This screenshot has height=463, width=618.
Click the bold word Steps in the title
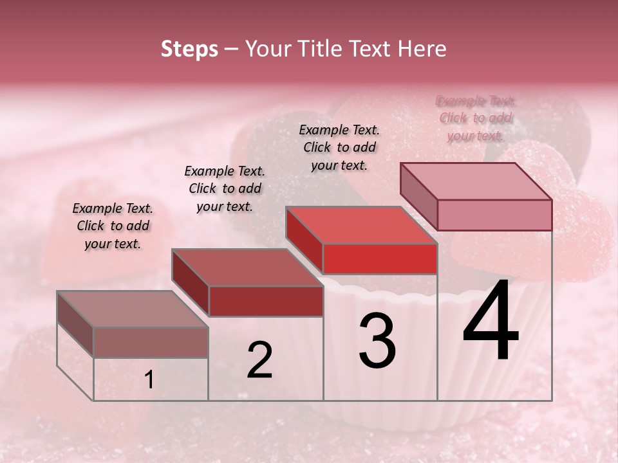click(x=189, y=49)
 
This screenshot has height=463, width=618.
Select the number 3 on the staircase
click(x=377, y=341)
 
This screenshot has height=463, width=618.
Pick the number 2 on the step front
click(x=259, y=359)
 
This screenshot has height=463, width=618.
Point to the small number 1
click(x=149, y=380)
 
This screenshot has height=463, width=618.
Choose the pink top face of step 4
click(x=476, y=181)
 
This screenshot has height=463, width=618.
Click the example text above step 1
click(x=113, y=226)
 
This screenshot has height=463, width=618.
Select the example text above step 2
click(x=225, y=188)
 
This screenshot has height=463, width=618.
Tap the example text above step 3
click(x=339, y=148)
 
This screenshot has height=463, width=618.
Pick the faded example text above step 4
click(x=476, y=118)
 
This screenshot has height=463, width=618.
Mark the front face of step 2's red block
click(x=266, y=302)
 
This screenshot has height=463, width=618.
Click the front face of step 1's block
click(x=151, y=342)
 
